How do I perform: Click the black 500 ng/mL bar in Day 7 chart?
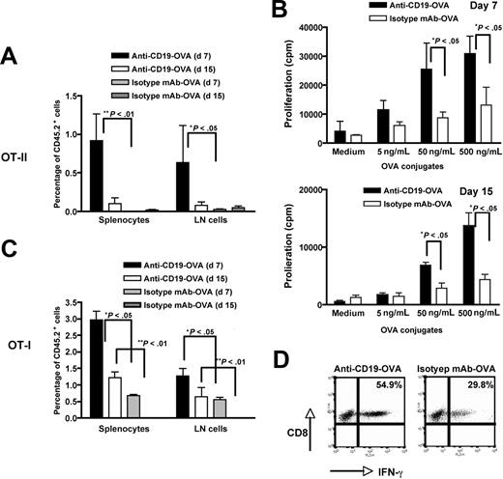pyautogui.click(x=446, y=97)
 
